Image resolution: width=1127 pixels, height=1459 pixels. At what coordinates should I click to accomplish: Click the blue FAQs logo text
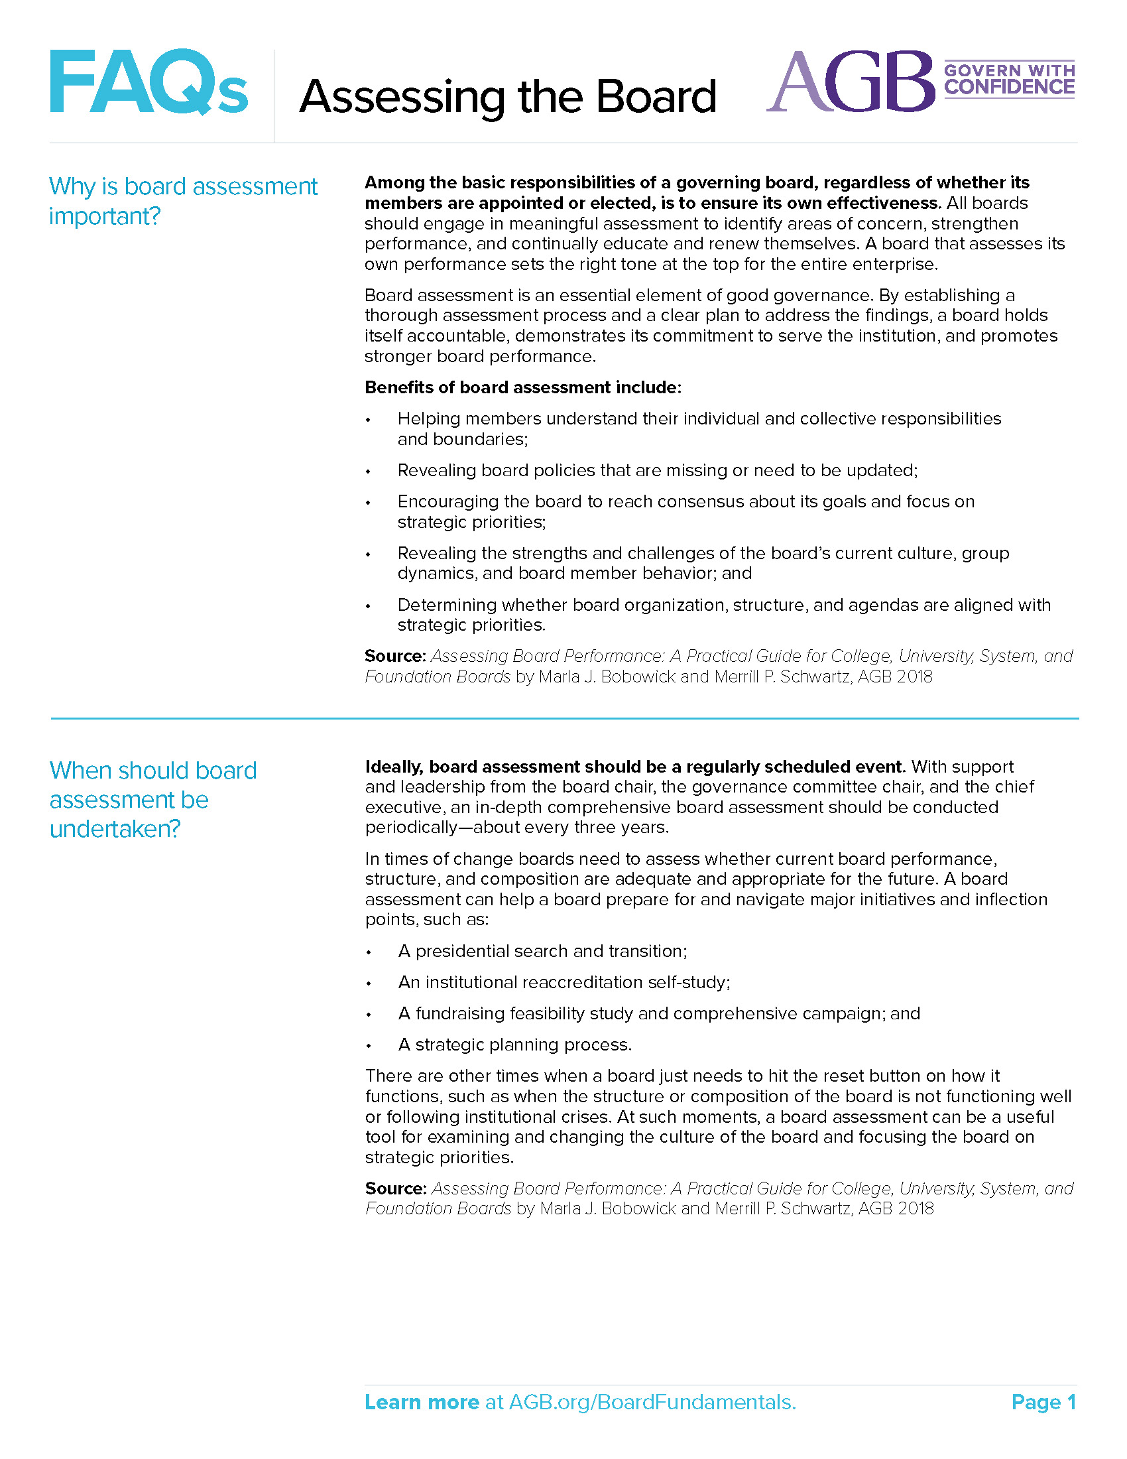148,82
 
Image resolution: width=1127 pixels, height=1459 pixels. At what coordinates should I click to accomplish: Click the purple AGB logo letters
850,82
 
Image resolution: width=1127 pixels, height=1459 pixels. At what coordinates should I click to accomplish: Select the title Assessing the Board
507,97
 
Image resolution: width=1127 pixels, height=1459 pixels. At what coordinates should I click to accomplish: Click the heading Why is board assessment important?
182,201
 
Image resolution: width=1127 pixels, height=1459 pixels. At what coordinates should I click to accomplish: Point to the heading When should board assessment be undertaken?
152,800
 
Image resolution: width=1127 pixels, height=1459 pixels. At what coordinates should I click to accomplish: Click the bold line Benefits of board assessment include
522,387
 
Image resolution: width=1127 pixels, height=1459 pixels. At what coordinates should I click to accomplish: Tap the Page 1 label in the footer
1043,1402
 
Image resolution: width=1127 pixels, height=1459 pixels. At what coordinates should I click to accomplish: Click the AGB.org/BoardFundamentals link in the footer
652,1402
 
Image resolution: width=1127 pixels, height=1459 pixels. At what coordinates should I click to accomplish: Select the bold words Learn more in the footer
421,1402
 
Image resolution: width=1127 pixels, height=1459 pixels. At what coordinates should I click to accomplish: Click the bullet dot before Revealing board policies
368,472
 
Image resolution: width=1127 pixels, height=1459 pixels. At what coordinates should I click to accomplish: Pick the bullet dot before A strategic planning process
368,1046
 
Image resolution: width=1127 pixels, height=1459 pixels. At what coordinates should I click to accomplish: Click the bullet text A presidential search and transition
542,950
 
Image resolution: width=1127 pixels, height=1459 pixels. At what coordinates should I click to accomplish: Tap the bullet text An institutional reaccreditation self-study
563,982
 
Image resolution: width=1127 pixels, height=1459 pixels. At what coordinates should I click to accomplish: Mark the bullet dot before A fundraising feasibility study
368,1015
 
